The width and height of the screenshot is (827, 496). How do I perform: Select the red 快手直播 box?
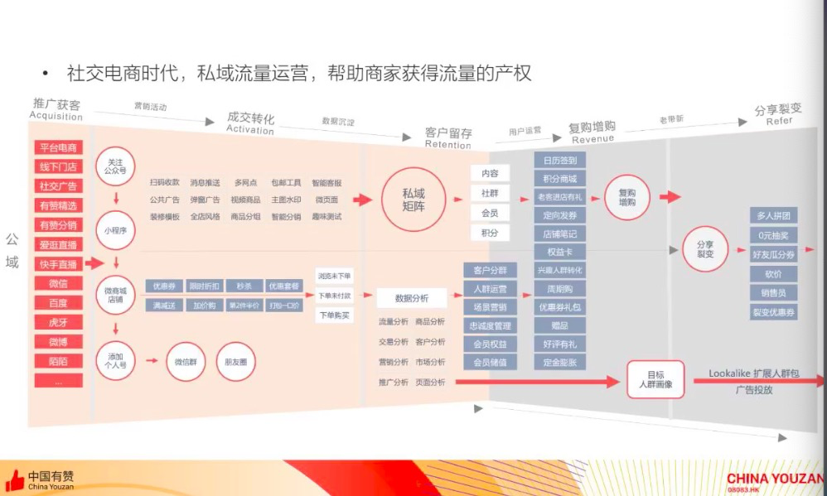coord(58,264)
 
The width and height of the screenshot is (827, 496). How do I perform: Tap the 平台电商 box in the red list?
coord(58,147)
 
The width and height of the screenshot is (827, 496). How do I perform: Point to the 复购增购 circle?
coord(626,197)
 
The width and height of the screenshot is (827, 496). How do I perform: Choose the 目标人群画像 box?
coord(655,379)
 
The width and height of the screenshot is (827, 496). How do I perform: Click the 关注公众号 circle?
coord(116,166)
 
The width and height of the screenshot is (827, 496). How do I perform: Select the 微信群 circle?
coord(185,362)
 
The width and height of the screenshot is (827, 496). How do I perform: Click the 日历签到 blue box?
coord(560,160)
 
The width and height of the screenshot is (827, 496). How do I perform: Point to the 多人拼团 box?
coord(773,215)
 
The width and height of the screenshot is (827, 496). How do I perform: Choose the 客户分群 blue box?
coord(490,271)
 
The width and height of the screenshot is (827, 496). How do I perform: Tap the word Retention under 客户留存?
coord(447,145)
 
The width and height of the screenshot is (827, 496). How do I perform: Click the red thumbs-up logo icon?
coord(14,480)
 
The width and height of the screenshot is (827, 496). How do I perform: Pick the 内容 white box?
coord(489,174)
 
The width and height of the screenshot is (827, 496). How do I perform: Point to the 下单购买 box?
coord(334,315)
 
